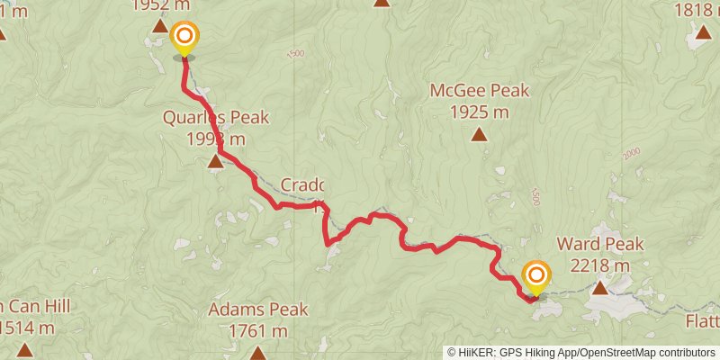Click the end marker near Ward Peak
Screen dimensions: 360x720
click(x=536, y=275)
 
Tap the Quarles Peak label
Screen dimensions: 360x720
click(x=216, y=118)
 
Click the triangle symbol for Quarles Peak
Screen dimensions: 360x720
click(x=216, y=162)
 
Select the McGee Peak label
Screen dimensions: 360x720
click(x=479, y=91)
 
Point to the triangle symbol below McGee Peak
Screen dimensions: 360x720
click(x=479, y=135)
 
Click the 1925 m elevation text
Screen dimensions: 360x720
click(x=479, y=112)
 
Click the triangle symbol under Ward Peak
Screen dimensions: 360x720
click(x=599, y=288)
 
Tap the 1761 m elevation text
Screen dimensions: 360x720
click(x=259, y=331)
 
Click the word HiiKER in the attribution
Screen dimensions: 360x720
click(x=476, y=353)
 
